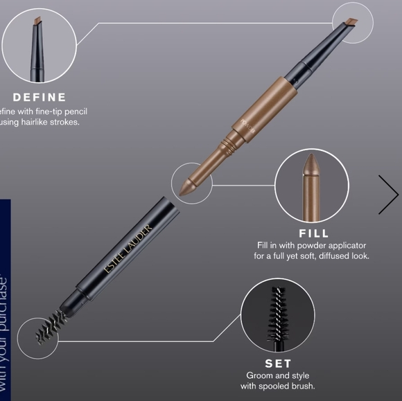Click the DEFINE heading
point(40,97)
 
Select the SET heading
point(277,363)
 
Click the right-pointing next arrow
point(387,195)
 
